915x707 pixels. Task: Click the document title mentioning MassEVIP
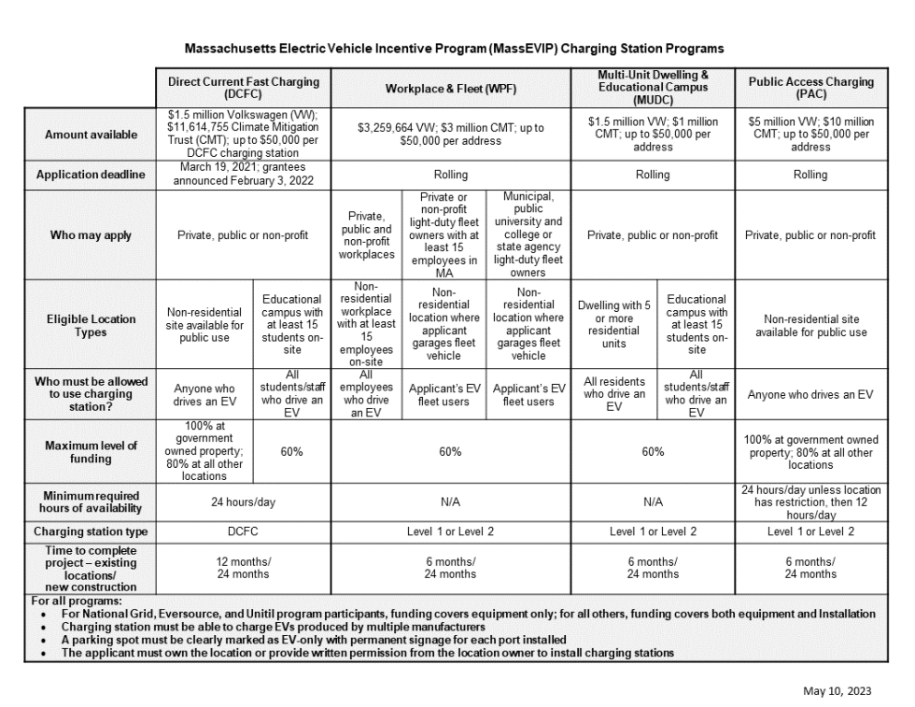(x=454, y=48)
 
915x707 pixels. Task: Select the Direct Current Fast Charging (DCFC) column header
(x=243, y=88)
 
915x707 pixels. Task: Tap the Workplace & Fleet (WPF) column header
(x=450, y=88)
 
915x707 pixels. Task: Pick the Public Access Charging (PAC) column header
(x=809, y=88)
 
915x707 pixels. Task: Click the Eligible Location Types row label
(x=91, y=325)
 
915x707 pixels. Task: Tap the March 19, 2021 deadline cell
(x=243, y=175)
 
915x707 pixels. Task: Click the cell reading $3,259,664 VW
(x=450, y=134)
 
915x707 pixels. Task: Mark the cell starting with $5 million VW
(x=809, y=134)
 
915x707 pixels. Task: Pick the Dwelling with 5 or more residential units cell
(x=613, y=325)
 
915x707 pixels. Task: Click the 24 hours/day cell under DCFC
(x=243, y=502)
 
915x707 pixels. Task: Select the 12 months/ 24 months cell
(x=243, y=567)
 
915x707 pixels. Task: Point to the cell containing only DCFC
(x=243, y=531)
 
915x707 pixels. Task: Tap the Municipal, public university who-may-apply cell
(x=528, y=235)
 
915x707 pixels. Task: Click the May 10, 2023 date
(x=837, y=690)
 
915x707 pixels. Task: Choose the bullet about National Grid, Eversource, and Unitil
(x=468, y=614)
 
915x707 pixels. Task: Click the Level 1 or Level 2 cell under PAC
(x=809, y=531)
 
